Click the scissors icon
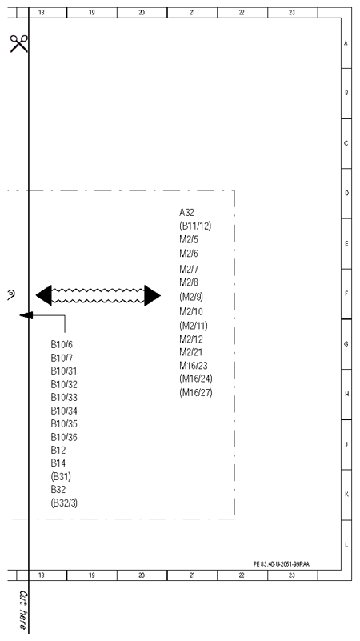point(18,43)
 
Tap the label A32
point(186,213)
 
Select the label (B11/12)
point(195,226)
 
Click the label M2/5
point(189,240)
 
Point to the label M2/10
point(191,312)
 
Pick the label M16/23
point(194,366)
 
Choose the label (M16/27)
point(196,393)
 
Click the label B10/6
point(62,345)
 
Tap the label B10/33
point(64,398)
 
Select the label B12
point(58,450)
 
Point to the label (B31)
point(61,477)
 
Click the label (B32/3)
point(64,503)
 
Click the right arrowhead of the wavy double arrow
point(153,295)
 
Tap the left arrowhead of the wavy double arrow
point(44,295)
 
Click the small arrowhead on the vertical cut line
point(26,315)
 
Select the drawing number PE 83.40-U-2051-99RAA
point(282,564)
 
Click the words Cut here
point(23,610)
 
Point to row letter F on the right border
point(346,294)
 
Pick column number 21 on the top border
point(192,13)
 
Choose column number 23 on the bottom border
point(292,575)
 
